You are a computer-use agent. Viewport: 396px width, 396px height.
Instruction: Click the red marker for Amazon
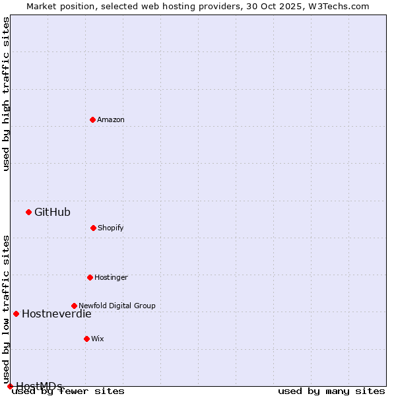[x=92, y=119]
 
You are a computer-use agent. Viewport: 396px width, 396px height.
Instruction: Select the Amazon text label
[x=111, y=120]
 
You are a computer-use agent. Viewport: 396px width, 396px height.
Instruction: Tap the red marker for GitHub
[x=28, y=212]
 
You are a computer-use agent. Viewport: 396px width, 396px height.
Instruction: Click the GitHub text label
[x=52, y=213]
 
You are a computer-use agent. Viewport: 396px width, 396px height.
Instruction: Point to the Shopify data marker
[x=93, y=228]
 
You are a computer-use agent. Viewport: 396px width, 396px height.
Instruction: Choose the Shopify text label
[x=111, y=228]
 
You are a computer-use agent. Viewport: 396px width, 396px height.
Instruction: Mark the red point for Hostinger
[x=90, y=277]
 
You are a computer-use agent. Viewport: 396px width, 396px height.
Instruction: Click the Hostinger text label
[x=111, y=278]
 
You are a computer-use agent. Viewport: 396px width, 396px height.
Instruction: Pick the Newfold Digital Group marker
[x=74, y=306]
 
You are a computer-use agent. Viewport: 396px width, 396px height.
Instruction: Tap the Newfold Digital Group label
[x=117, y=306]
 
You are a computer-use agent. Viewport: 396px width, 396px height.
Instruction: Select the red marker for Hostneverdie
[x=16, y=313]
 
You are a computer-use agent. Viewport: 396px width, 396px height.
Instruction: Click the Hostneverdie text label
[x=57, y=314]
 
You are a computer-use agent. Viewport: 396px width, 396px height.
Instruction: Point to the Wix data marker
[x=86, y=339]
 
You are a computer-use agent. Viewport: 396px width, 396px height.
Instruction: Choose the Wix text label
[x=98, y=339]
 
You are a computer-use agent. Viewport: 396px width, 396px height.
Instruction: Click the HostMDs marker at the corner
[x=10, y=386]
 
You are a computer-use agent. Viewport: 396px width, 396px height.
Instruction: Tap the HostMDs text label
[x=39, y=386]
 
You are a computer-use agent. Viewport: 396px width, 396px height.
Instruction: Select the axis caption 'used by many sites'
[x=331, y=391]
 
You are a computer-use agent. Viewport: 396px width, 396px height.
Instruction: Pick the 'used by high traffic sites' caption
[x=7, y=94]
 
